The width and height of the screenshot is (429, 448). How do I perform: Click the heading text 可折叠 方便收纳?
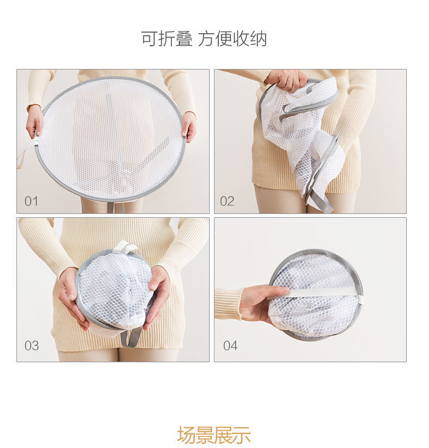(x=204, y=39)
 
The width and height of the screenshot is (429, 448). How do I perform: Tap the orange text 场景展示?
(x=213, y=435)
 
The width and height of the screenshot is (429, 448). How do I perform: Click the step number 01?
(x=31, y=201)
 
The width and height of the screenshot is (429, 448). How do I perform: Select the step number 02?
(x=227, y=201)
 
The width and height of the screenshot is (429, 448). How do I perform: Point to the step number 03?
(x=31, y=345)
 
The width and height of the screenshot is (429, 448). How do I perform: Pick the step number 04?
(x=230, y=345)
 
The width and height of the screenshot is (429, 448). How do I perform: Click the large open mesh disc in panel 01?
(x=111, y=138)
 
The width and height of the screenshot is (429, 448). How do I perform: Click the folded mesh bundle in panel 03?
(x=114, y=291)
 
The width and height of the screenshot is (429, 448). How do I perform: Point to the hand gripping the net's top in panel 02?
(x=287, y=80)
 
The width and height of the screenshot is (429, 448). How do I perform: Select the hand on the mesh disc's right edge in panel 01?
(x=188, y=125)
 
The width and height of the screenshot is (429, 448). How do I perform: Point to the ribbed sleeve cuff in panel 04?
(x=228, y=304)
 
